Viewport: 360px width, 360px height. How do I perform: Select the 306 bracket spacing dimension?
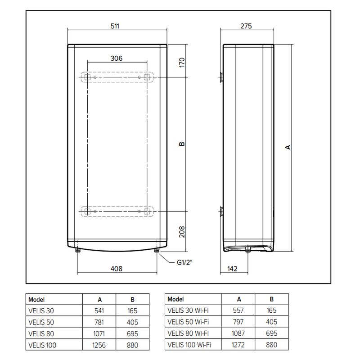click(x=116, y=58)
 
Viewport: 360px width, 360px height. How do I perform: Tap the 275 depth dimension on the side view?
click(x=246, y=26)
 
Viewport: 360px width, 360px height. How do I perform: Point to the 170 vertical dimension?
click(x=182, y=62)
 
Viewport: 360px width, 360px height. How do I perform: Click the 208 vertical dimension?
click(x=182, y=231)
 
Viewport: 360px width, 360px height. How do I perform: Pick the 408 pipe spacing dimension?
click(x=116, y=269)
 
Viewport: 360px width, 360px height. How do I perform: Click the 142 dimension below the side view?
click(x=232, y=269)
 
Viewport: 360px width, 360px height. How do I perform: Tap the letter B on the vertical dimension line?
click(x=182, y=144)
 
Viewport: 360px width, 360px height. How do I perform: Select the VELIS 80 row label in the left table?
click(x=41, y=334)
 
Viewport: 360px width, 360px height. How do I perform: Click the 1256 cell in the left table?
click(x=99, y=346)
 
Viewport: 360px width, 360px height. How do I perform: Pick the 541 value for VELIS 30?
click(x=99, y=310)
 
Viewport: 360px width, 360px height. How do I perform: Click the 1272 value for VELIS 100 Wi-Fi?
click(x=239, y=346)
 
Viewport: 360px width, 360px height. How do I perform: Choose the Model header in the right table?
click(x=175, y=299)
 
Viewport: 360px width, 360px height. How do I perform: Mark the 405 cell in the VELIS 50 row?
click(x=132, y=322)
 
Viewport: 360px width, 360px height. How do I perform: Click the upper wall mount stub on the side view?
click(x=221, y=77)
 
